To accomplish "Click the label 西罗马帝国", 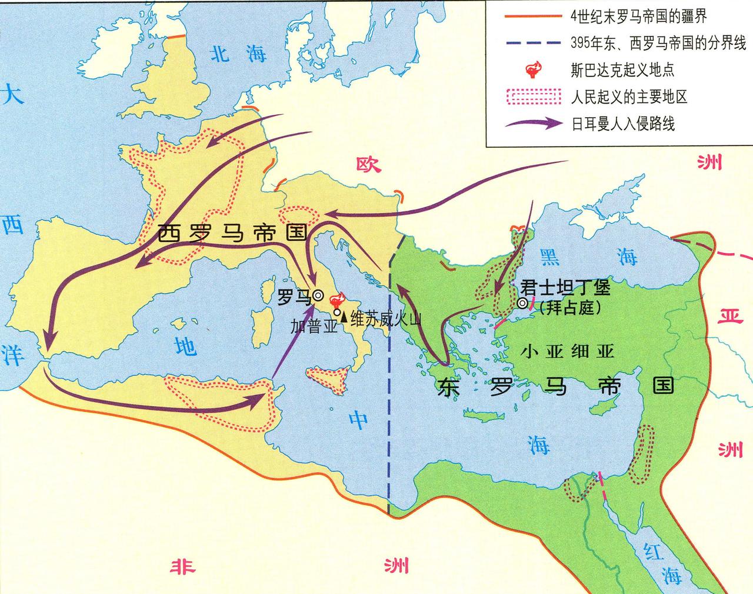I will click(x=233, y=233).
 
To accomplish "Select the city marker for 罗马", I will click(x=318, y=296).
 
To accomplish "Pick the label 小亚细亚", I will click(x=568, y=351).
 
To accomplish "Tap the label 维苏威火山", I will click(x=385, y=318).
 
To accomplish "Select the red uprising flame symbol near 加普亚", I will click(x=339, y=299).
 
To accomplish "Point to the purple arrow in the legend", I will click(x=532, y=123).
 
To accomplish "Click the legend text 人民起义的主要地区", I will click(x=629, y=97).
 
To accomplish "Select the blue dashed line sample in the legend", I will click(x=532, y=43).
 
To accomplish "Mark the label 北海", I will click(x=238, y=54).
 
